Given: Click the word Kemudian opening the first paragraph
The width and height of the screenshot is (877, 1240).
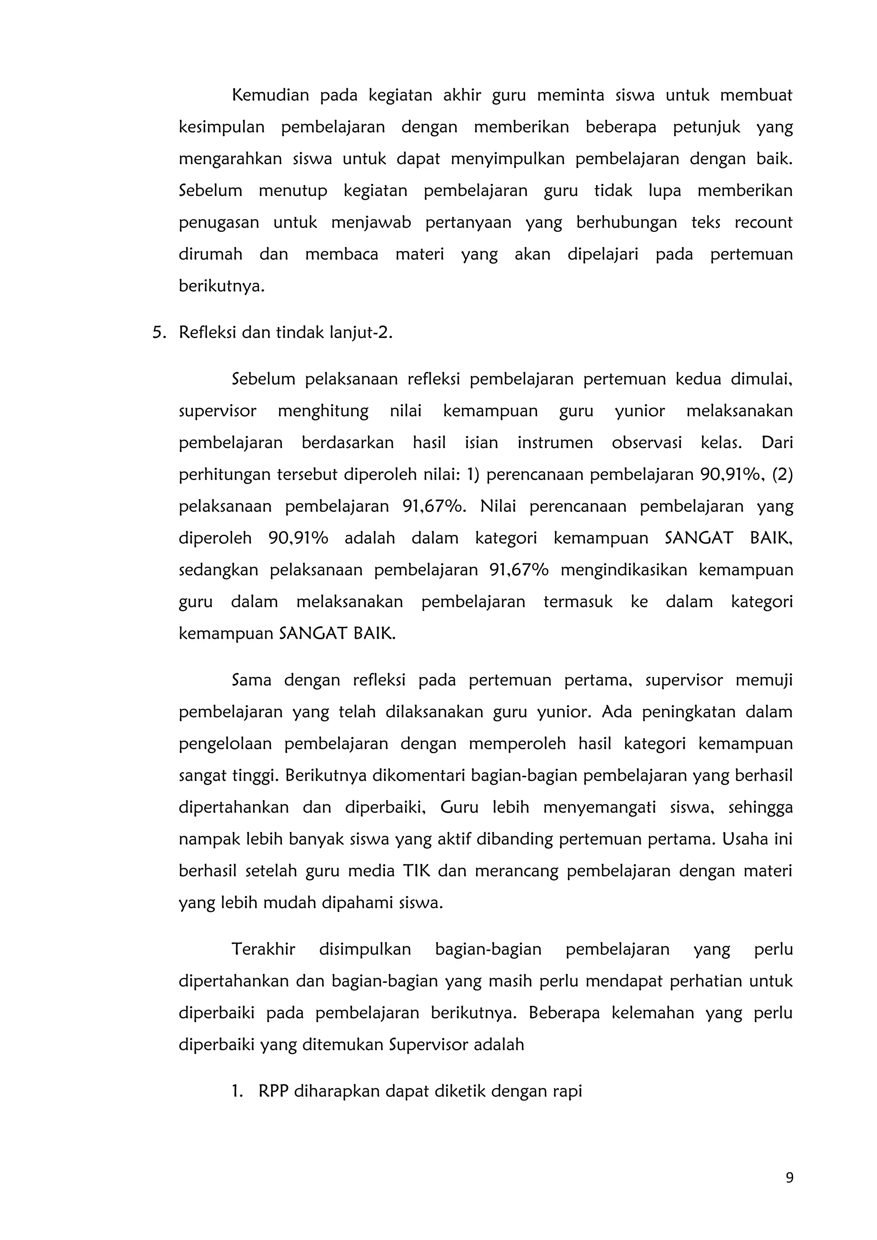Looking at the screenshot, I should [x=270, y=95].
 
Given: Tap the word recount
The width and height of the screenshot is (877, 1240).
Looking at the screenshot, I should [x=763, y=222].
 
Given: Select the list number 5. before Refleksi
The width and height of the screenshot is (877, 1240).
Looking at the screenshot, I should [x=159, y=333].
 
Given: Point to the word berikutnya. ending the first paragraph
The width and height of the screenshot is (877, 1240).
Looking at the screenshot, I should [x=221, y=286].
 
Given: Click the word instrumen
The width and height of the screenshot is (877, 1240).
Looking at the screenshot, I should [x=555, y=443].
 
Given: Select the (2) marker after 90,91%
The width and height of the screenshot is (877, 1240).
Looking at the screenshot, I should [x=782, y=475].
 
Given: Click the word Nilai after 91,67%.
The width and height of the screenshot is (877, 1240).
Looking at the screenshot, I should [x=498, y=507].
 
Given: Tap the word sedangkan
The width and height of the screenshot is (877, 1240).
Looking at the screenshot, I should [x=218, y=570].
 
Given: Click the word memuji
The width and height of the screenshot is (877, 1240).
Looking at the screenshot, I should [x=764, y=680].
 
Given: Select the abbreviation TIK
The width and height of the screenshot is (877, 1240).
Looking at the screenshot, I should [x=416, y=871].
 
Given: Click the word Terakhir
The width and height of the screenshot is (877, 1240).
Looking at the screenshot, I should [x=263, y=949].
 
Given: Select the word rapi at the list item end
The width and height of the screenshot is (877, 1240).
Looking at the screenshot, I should [x=567, y=1092].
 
